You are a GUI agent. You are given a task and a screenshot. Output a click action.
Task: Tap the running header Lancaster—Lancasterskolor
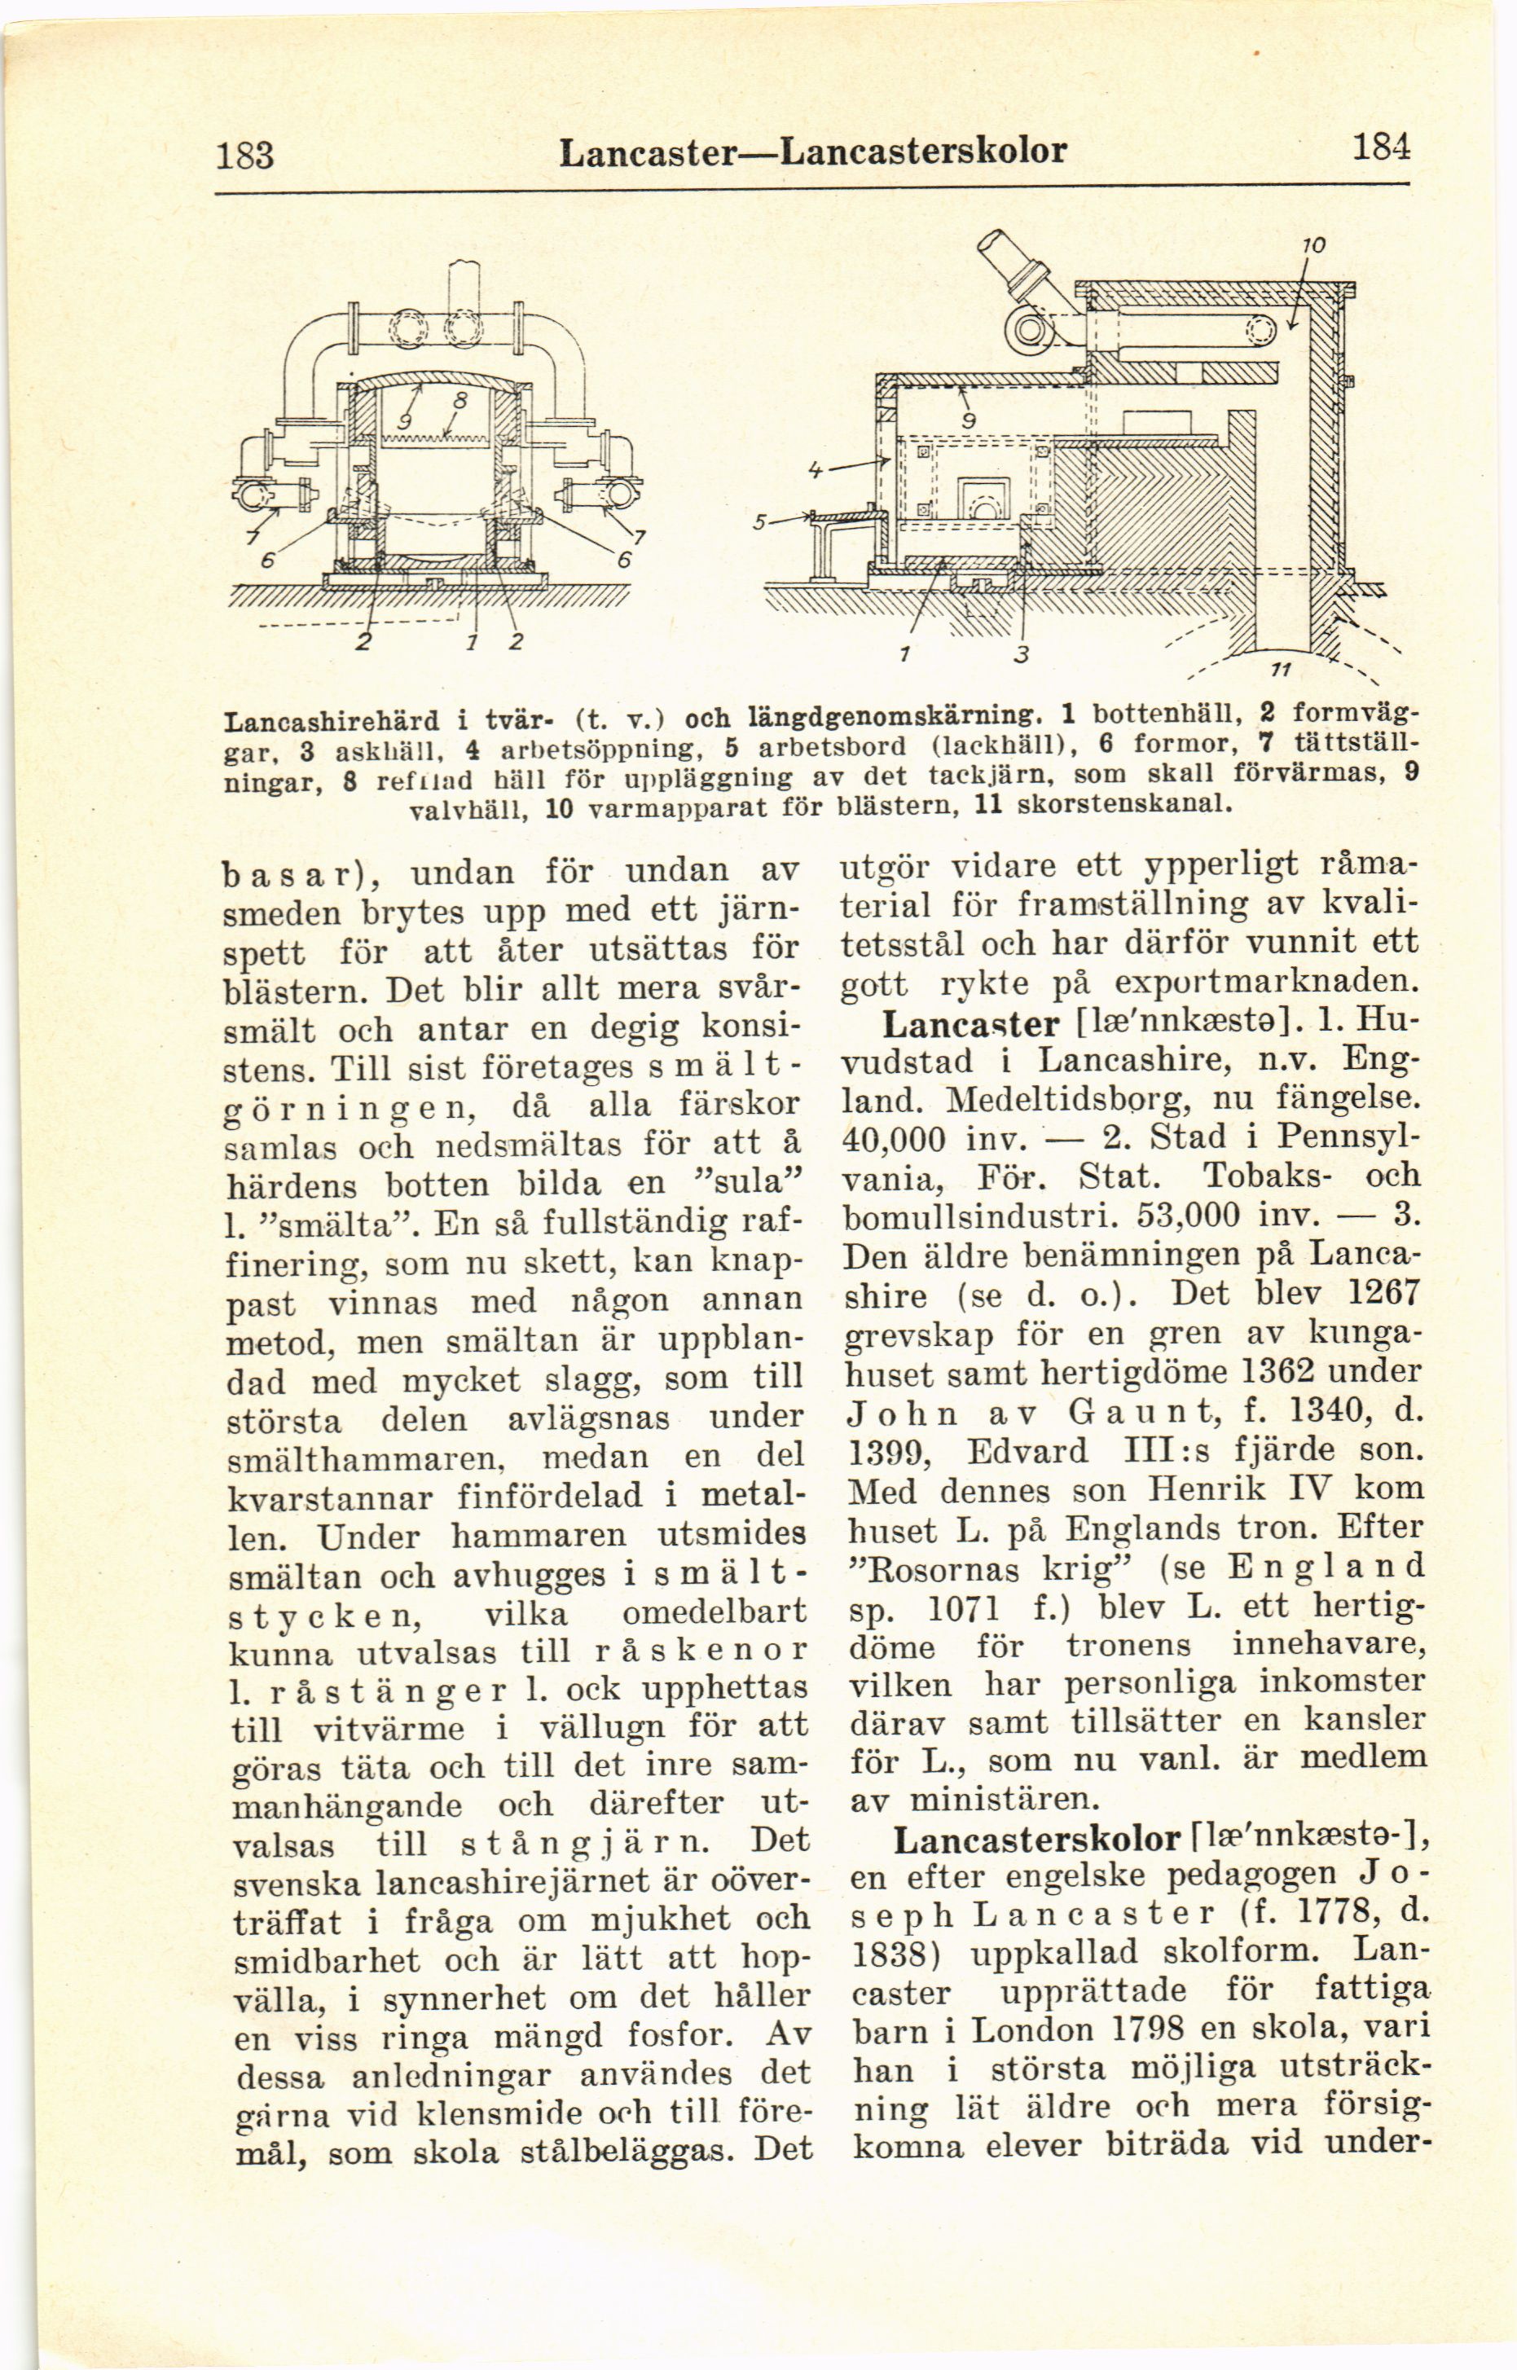[811, 151]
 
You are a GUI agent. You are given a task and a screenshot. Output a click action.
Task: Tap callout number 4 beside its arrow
[816, 472]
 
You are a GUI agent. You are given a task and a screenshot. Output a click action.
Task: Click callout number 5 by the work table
[758, 523]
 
